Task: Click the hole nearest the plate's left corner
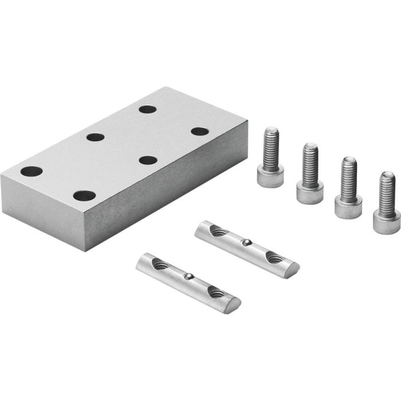32,171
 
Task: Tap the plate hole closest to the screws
199,131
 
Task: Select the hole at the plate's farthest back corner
147,109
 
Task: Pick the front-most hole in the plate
84,195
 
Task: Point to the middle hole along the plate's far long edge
95,137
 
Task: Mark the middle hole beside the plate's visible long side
148,160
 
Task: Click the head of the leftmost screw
270,177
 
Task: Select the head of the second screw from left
309,191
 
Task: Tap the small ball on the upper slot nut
246,243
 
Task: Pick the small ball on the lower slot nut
188,277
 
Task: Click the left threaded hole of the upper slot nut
218,231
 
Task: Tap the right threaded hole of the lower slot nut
217,292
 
